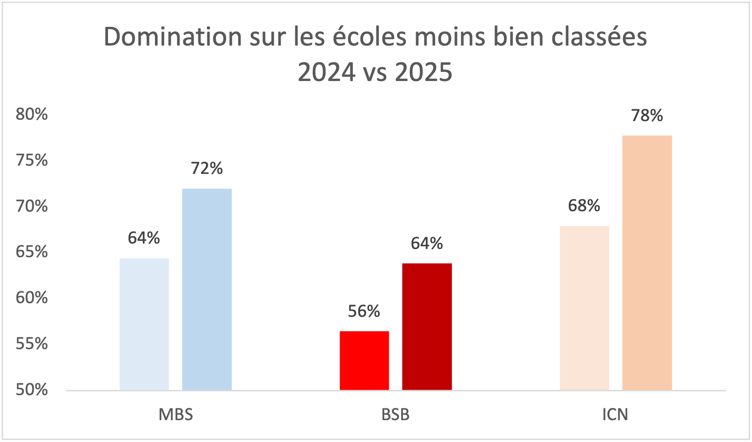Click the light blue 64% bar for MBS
(x=144, y=324)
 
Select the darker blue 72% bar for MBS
(x=207, y=290)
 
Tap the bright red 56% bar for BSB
(x=365, y=361)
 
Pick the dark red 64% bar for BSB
(x=427, y=326)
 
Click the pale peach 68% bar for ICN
(x=584, y=308)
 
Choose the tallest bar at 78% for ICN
(x=647, y=263)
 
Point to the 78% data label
(x=647, y=116)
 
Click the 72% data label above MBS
(x=207, y=168)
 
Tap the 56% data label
(x=364, y=311)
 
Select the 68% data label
(x=584, y=206)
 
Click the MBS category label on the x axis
(x=176, y=415)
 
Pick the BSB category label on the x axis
(x=396, y=415)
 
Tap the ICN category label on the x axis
(x=615, y=415)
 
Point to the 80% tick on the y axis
(x=32, y=114)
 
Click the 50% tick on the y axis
(x=32, y=390)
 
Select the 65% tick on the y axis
(x=32, y=252)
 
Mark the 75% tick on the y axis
(x=32, y=160)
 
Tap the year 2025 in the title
(x=424, y=72)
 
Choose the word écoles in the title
(x=369, y=37)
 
